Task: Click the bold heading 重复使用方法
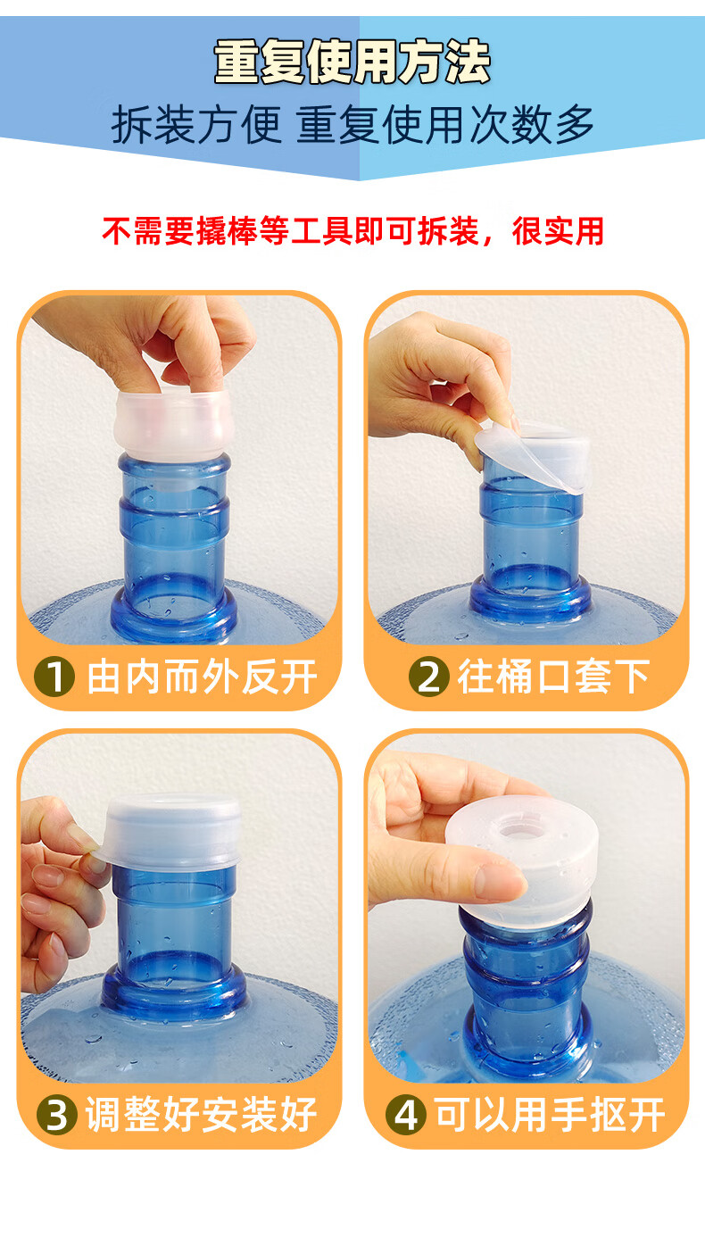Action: [352, 62]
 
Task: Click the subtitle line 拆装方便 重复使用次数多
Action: [352, 125]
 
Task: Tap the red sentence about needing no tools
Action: [352, 231]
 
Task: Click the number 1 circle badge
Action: [54, 677]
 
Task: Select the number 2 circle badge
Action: [428, 677]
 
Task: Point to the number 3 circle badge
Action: [57, 1115]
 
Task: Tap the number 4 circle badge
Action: [406, 1115]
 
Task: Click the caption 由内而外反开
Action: [202, 677]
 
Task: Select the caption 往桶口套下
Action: [554, 677]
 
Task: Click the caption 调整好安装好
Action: [201, 1115]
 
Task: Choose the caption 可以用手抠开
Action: [550, 1115]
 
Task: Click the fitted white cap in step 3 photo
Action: [171, 832]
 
